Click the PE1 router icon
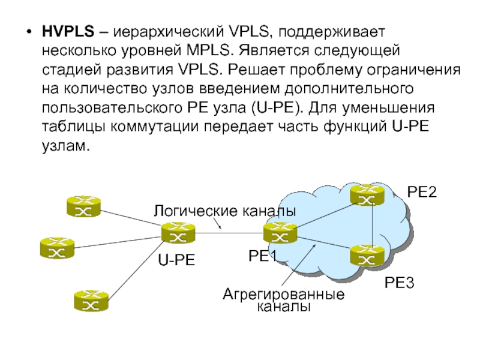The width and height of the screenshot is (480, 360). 279,233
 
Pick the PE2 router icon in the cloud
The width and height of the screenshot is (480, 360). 367,194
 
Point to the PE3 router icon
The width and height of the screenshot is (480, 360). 367,254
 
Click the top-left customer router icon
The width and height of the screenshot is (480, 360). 83,206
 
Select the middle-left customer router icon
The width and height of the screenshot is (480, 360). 57,248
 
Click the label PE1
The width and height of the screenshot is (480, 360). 262,256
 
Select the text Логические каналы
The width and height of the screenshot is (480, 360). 224,211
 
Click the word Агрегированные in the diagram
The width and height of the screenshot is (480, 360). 283,295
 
